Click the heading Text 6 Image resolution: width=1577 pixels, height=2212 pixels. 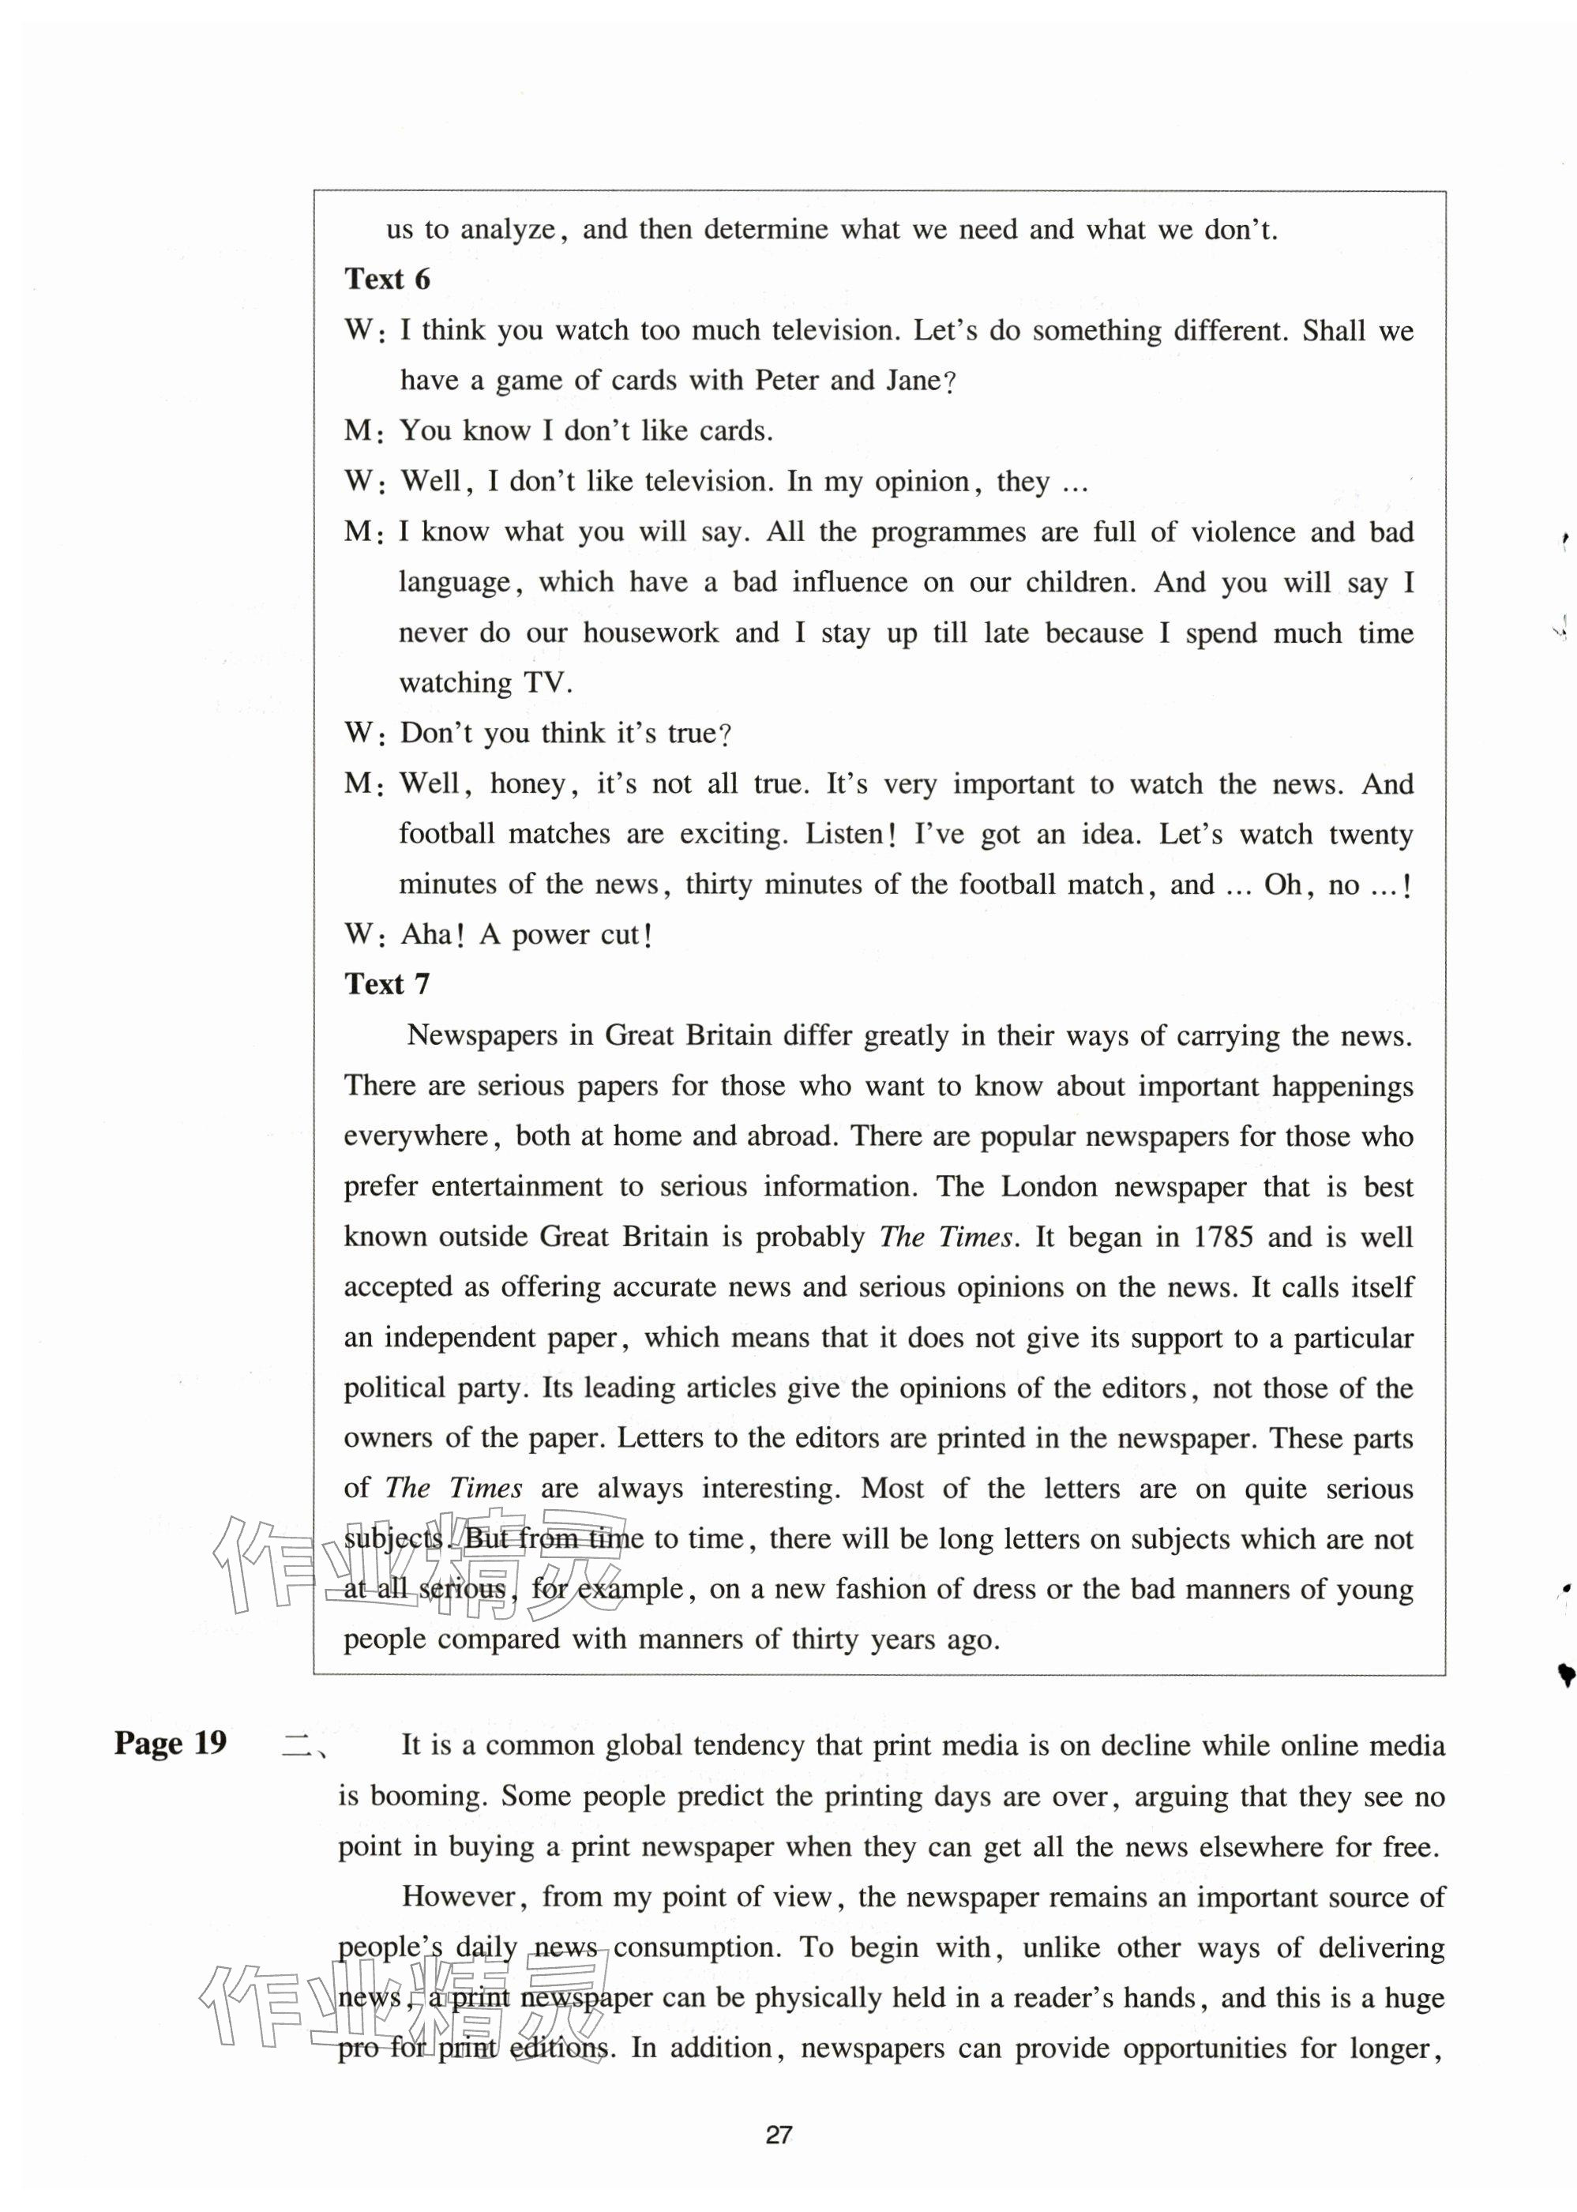pyautogui.click(x=386, y=280)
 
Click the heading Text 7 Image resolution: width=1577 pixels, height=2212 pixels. pyautogui.click(x=386, y=985)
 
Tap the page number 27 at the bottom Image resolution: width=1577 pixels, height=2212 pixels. pyautogui.click(x=779, y=2135)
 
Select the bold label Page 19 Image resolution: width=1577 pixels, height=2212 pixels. pyautogui.click(x=170, y=1743)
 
